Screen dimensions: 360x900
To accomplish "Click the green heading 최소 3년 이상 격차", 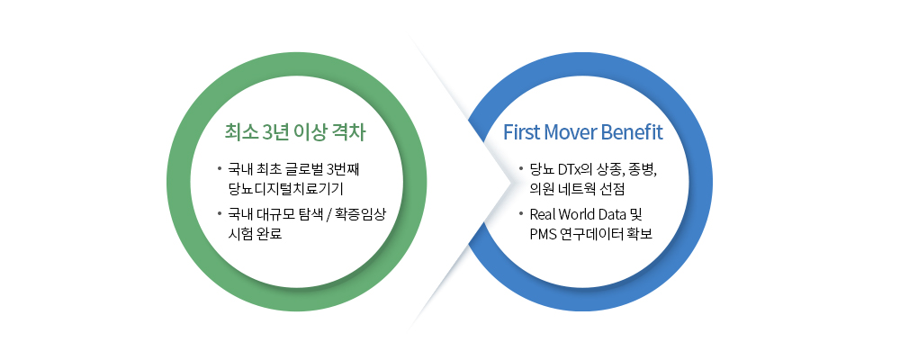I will pyautogui.click(x=295, y=133).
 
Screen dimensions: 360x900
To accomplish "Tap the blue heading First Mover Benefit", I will pyautogui.click(x=583, y=133).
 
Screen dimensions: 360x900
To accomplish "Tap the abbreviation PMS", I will pyautogui.click(x=545, y=234).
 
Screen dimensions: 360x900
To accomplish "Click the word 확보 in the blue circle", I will pyautogui.click(x=638, y=234).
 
